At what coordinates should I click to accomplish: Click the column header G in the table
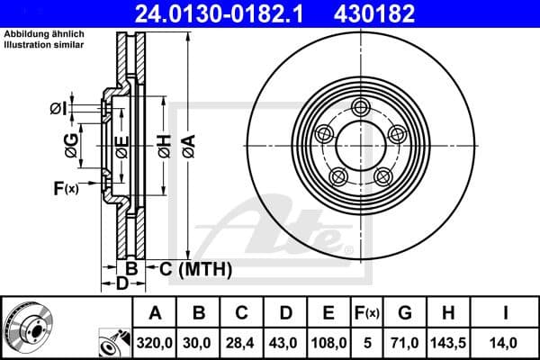[405, 313]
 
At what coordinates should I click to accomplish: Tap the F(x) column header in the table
[368, 313]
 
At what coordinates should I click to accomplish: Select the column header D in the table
[285, 313]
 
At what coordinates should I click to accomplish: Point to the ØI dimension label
[58, 109]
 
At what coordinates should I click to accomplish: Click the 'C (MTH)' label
[196, 268]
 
